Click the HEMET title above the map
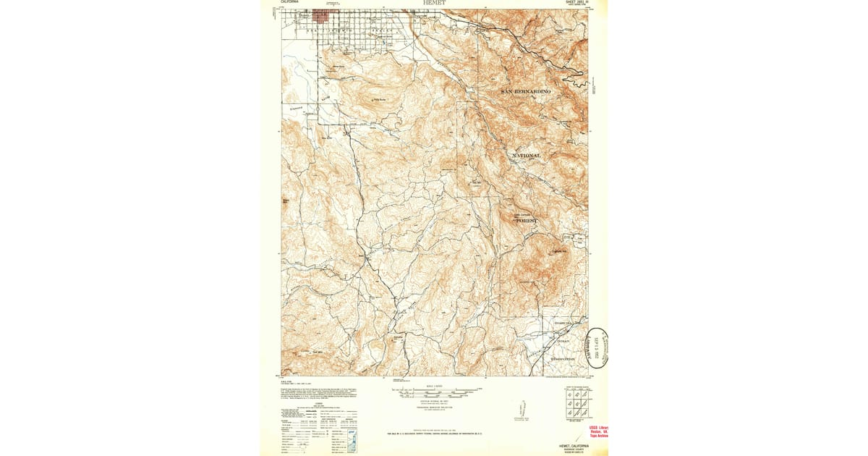click(x=434, y=3)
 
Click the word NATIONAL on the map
click(x=526, y=156)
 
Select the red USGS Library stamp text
click(x=598, y=431)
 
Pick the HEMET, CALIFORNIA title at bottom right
click(x=573, y=446)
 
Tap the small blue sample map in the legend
click(x=352, y=441)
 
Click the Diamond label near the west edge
click(x=297, y=109)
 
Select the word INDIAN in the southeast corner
click(x=563, y=341)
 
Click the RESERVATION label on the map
click(x=562, y=359)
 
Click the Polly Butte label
click(x=380, y=100)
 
